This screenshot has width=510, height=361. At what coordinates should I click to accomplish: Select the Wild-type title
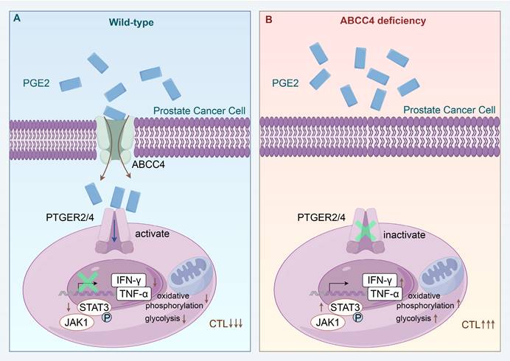click(132, 21)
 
